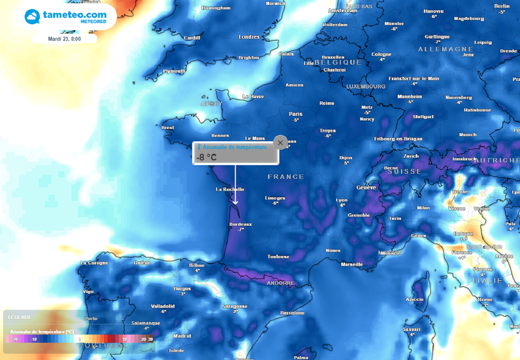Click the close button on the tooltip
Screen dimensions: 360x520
pos(280,143)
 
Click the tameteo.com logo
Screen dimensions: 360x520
pos(66,16)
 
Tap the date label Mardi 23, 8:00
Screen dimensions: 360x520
pos(64,39)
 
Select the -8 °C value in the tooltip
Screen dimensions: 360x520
pos(207,157)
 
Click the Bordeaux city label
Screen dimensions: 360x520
pos(241,224)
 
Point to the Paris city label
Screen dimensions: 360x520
pos(296,114)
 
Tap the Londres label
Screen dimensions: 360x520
pos(249,37)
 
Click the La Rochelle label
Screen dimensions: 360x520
pos(230,189)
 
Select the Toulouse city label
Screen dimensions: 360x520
pos(279,257)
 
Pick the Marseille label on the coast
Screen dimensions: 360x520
pos(352,265)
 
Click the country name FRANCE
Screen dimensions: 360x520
pos(286,177)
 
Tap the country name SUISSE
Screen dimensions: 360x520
pos(404,172)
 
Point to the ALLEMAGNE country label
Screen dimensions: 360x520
pos(445,49)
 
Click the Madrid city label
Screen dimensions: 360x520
pos(182,336)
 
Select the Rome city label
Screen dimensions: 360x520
pos(485,300)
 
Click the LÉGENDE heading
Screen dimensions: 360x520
pos(20,317)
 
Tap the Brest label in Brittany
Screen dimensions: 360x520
pos(168,128)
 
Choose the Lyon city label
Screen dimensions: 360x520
pos(342,200)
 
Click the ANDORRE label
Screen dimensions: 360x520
pos(280,283)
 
